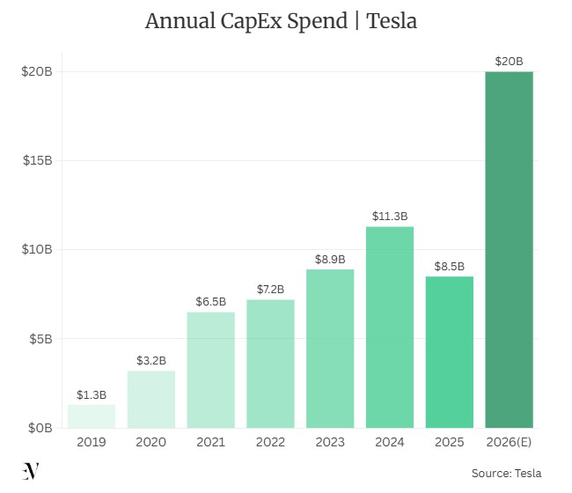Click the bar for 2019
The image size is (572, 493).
click(x=92, y=416)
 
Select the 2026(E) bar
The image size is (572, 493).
click(x=510, y=249)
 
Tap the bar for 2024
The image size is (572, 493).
click(x=390, y=327)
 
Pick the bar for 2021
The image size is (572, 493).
click(x=210, y=370)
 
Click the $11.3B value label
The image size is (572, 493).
click(x=390, y=216)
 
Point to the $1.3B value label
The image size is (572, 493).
click(x=92, y=394)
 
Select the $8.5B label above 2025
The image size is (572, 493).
click(x=450, y=266)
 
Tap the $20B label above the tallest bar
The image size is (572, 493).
click(x=510, y=61)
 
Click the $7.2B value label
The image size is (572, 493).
click(x=270, y=289)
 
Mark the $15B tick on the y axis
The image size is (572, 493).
click(x=37, y=160)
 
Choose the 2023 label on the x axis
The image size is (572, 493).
click(x=330, y=442)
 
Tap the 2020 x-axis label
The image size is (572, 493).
click(x=151, y=442)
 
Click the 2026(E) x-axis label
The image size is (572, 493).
click(x=510, y=442)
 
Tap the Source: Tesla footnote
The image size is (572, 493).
click(x=507, y=473)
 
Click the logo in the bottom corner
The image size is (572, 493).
click(x=31, y=471)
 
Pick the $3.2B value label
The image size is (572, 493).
click(x=151, y=360)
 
